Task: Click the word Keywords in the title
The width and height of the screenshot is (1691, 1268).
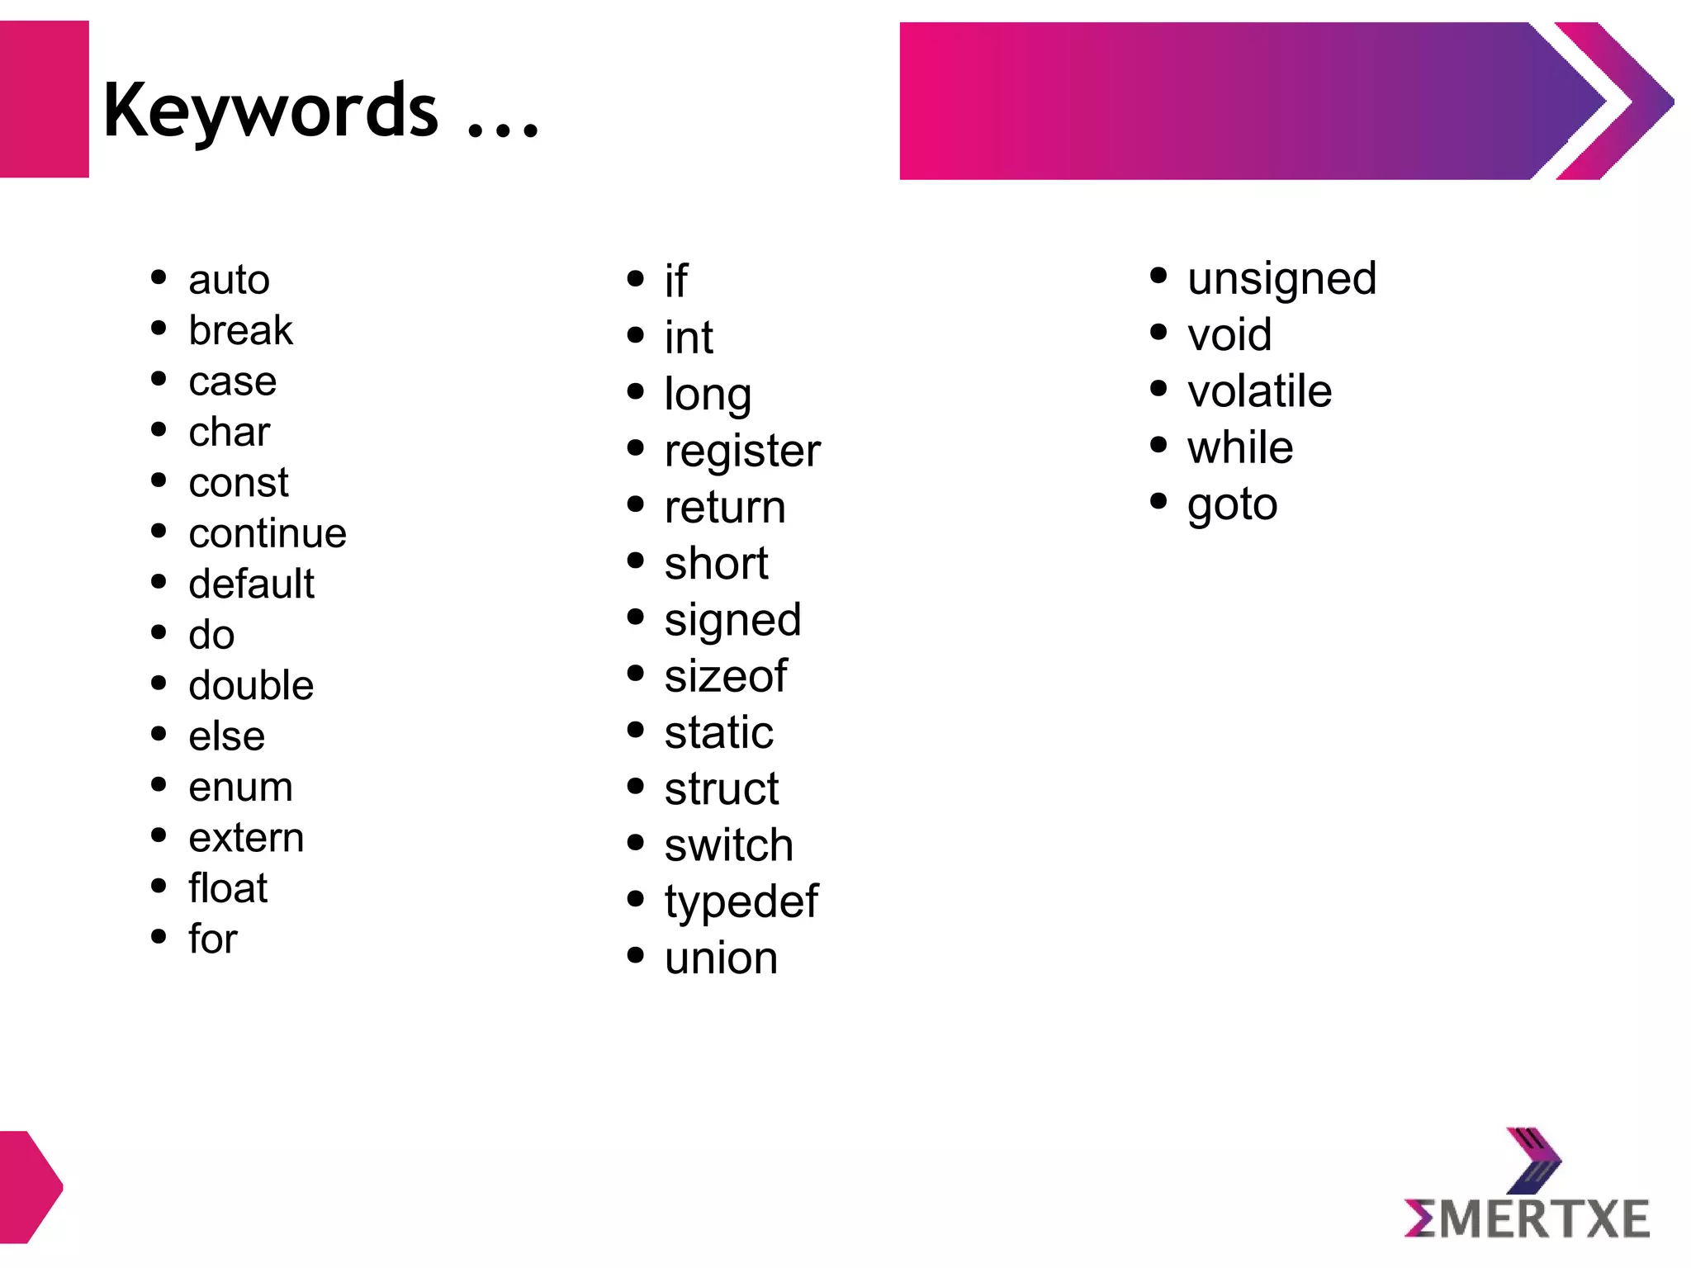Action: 270,111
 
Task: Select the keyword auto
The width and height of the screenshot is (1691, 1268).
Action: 229,280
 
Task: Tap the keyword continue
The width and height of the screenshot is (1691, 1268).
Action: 267,533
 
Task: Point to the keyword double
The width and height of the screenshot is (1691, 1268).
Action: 251,685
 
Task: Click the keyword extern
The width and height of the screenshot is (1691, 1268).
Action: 246,838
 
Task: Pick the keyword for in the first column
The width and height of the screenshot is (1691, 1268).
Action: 213,939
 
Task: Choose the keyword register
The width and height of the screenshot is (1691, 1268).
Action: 742,452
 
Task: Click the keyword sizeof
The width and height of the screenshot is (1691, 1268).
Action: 726,676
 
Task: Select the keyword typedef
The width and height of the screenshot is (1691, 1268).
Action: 741,901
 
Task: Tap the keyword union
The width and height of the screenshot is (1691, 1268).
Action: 721,958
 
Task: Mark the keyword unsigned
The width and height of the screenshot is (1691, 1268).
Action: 1281,279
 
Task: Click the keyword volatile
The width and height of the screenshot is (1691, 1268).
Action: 1259,391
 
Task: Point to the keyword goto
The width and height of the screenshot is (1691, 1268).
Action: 1232,504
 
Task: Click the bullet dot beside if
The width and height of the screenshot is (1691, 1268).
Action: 635,279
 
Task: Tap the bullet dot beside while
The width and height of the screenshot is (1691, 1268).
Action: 1158,446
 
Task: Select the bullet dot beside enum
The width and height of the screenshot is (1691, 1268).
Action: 159,785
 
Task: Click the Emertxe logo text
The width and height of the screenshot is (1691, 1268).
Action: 1527,1219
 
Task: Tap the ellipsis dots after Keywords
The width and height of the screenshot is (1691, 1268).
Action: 503,128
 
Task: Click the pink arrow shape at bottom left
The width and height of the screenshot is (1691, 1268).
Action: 30,1186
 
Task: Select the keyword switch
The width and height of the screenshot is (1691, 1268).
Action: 728,845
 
